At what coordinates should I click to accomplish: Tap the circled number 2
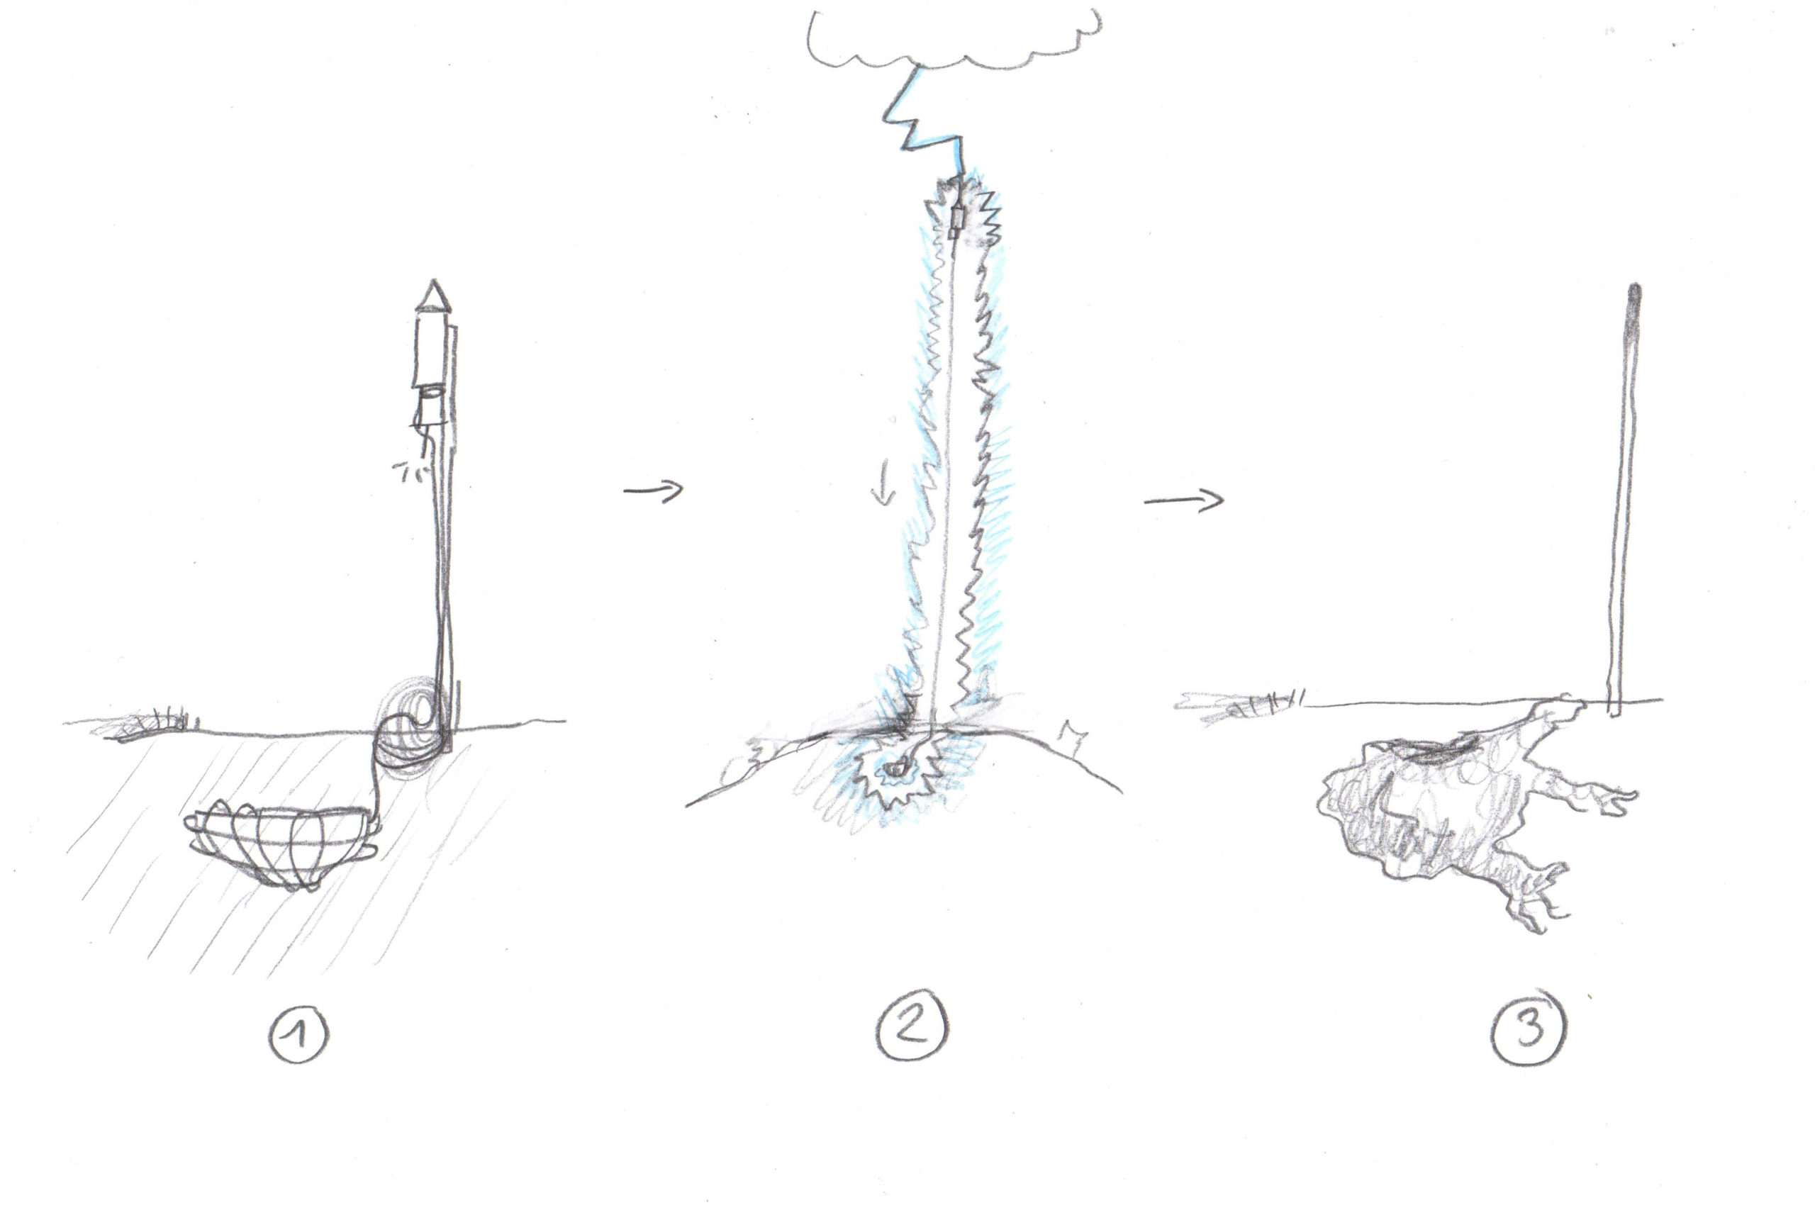pos(912,1026)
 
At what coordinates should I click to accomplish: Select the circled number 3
pos(1529,1027)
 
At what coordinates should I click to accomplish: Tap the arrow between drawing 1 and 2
pos(653,490)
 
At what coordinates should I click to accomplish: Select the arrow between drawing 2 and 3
pos(1183,501)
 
